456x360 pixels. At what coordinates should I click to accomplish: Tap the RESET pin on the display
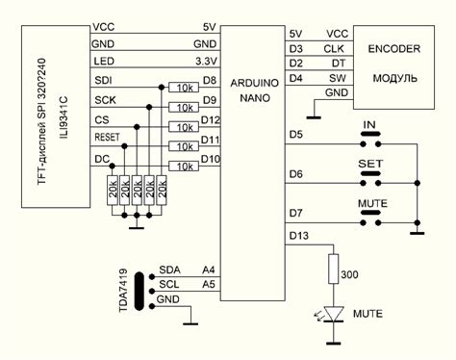click(x=108, y=138)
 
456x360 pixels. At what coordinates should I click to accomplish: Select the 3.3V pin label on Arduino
click(x=204, y=61)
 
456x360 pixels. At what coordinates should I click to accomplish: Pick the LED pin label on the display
click(x=102, y=61)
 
